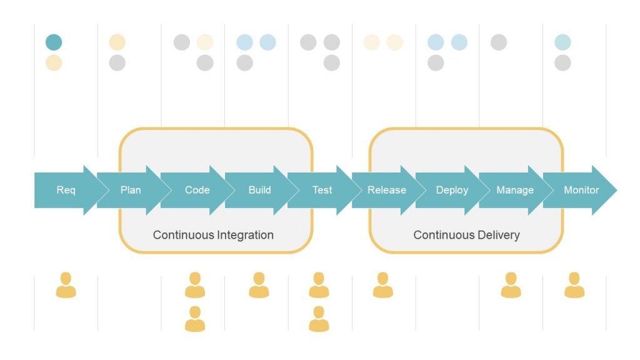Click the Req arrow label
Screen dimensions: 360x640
tap(66, 190)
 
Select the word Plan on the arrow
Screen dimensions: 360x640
tap(131, 190)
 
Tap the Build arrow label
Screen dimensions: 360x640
tap(259, 190)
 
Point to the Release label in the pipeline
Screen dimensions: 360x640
tap(386, 190)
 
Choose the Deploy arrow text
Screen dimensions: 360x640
tap(452, 190)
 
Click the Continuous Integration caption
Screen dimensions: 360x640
tap(213, 235)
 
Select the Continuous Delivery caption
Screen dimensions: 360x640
tap(466, 235)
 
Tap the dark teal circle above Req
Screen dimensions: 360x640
tap(54, 42)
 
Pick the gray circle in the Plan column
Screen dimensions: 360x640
tap(117, 62)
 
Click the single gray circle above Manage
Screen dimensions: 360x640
tap(499, 42)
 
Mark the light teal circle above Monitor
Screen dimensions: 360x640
tap(562, 42)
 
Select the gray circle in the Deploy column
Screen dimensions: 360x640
tap(436, 62)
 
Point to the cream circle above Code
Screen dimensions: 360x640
tap(205, 42)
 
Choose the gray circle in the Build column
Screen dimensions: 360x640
tap(245, 62)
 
